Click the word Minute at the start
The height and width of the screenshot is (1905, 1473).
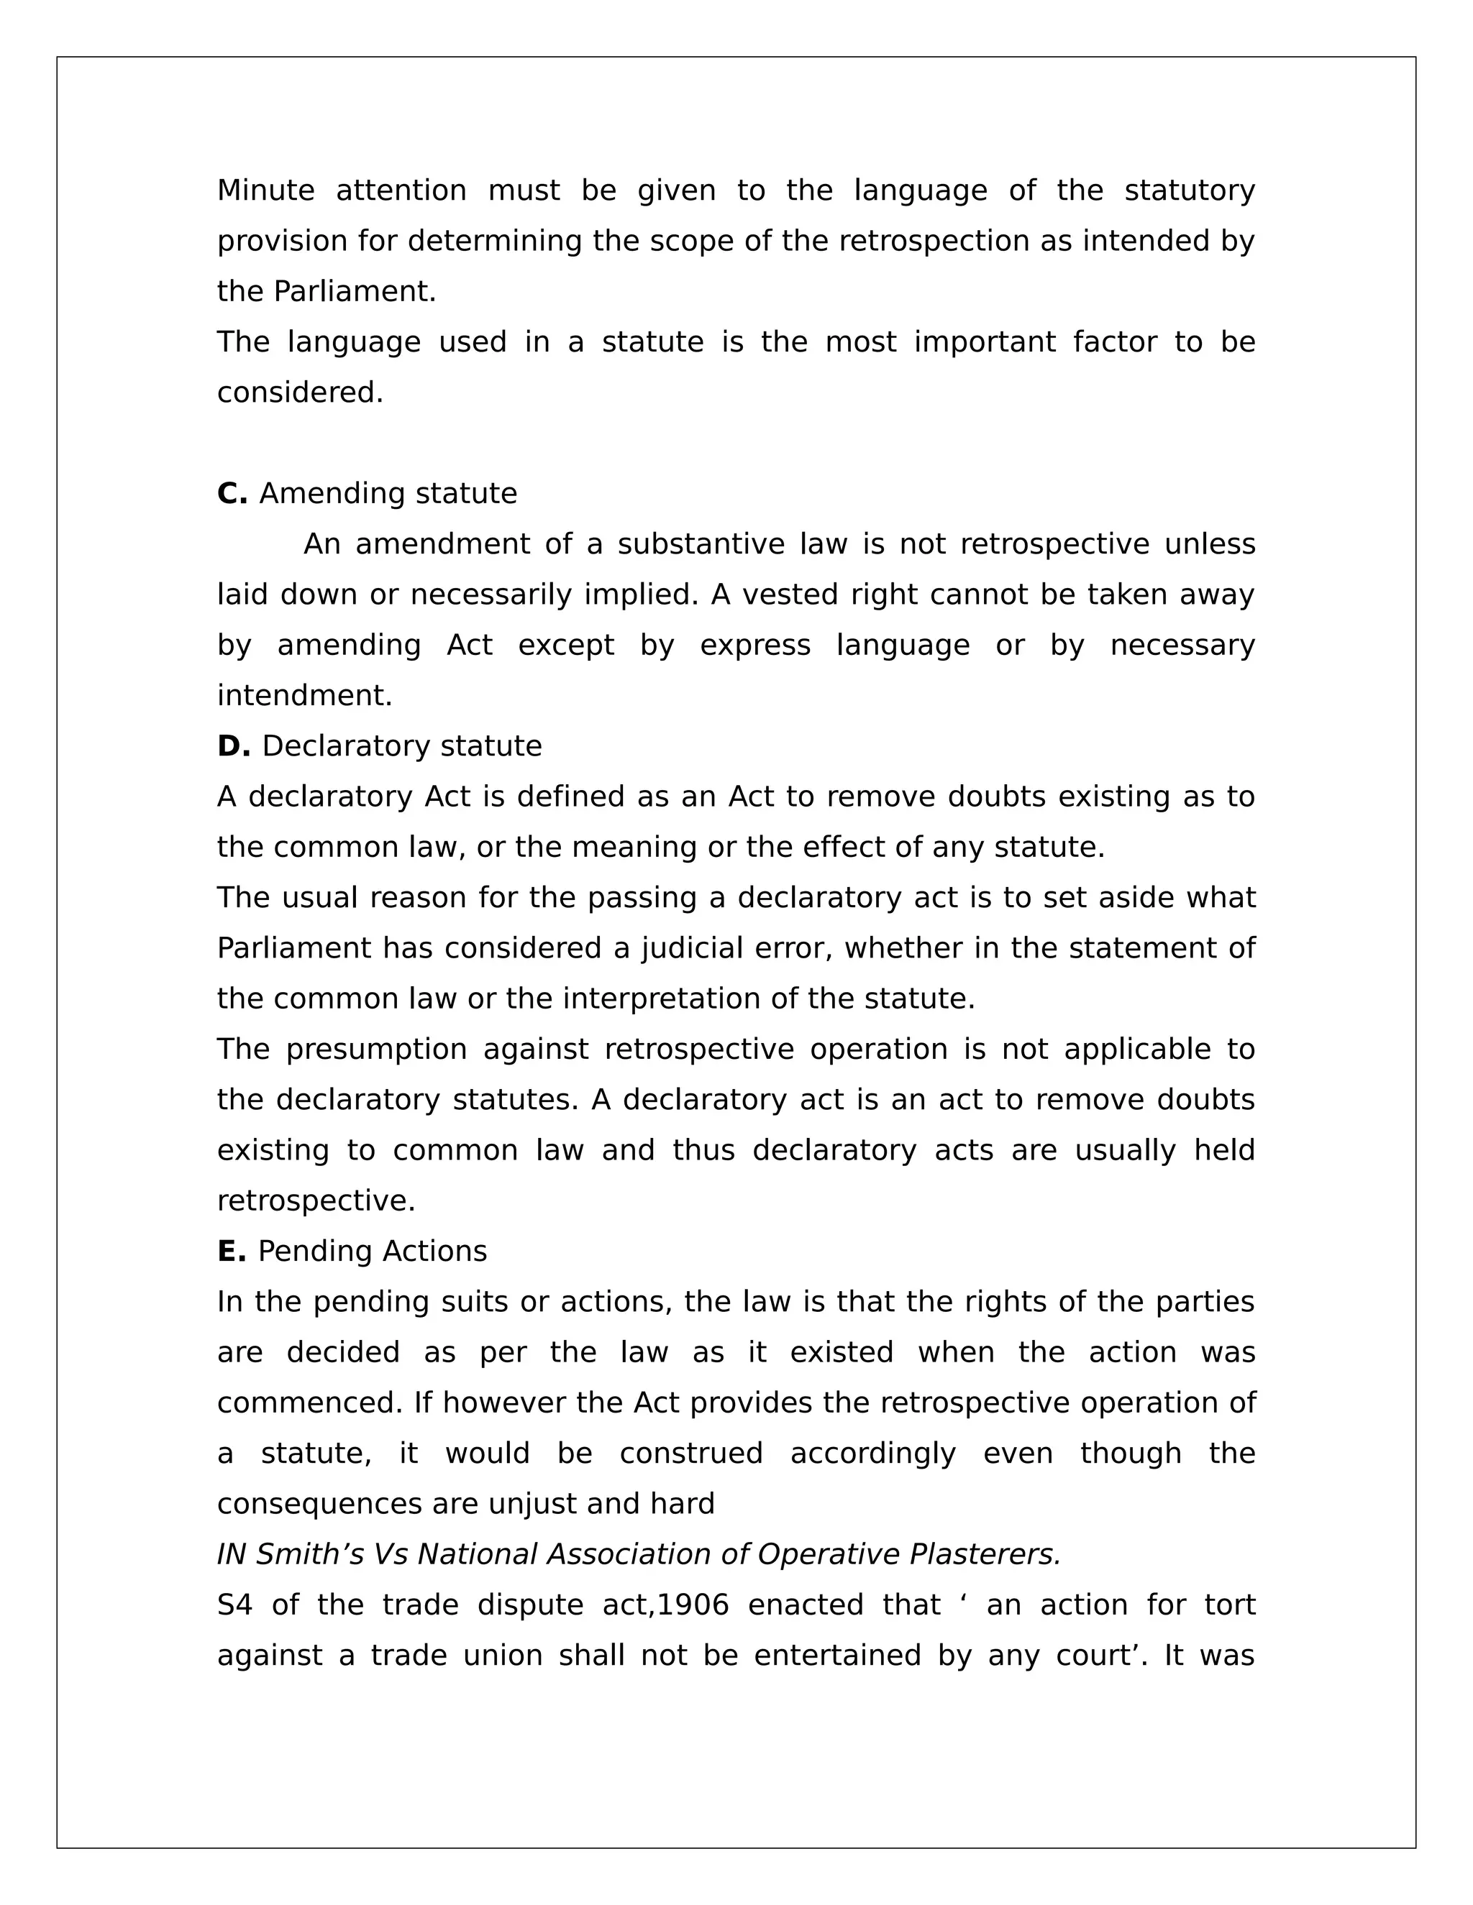point(265,190)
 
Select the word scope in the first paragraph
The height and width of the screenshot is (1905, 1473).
point(692,241)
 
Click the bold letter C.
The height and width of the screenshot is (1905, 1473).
point(232,494)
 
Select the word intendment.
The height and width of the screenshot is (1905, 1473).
point(304,696)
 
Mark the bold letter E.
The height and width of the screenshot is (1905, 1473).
point(232,1252)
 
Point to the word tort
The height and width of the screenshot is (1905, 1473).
point(1228,1605)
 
